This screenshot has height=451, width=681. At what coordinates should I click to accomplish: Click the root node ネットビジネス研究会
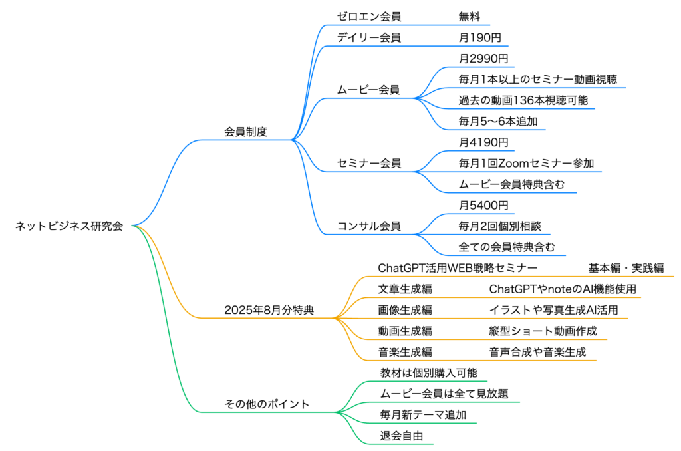click(69, 226)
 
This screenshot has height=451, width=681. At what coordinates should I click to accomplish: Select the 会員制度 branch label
click(246, 132)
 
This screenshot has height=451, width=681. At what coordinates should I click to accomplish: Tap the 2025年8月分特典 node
click(269, 310)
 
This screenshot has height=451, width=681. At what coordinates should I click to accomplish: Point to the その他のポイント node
click(267, 404)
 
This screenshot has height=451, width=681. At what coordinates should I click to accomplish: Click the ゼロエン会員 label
click(368, 17)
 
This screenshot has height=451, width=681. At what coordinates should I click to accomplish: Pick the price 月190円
click(480, 37)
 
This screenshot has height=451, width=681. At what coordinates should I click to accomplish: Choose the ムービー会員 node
click(368, 90)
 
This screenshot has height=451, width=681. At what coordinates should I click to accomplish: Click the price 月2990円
click(483, 59)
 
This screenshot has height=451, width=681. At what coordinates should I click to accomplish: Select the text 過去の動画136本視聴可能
click(523, 100)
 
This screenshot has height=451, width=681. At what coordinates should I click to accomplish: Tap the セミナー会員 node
click(368, 164)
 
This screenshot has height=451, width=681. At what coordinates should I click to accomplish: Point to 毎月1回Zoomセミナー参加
click(527, 164)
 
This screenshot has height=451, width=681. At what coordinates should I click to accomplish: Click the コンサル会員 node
click(368, 226)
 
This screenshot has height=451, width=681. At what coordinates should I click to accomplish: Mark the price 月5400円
click(483, 205)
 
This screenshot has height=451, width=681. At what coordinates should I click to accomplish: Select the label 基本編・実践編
click(626, 268)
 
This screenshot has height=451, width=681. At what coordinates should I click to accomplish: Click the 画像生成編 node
click(405, 310)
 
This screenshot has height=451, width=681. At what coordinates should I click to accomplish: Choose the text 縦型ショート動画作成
click(543, 331)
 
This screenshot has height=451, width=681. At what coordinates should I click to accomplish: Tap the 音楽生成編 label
click(405, 352)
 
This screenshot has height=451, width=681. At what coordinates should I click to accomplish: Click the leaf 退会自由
click(401, 436)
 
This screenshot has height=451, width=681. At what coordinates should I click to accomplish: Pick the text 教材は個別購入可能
click(429, 373)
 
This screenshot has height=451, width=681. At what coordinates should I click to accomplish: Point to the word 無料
click(469, 17)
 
